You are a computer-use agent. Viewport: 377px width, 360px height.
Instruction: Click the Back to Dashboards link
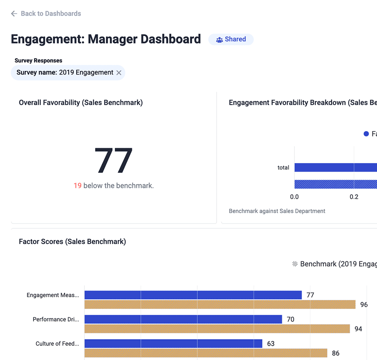(46, 13)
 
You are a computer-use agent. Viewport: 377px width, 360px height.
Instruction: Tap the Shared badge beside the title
(231, 39)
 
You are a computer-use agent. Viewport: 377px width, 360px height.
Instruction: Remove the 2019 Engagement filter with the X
(119, 73)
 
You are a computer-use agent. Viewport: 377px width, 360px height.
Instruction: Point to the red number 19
(77, 185)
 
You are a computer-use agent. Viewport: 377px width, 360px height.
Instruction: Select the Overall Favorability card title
(81, 103)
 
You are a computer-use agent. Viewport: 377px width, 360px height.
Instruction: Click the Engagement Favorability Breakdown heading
(302, 103)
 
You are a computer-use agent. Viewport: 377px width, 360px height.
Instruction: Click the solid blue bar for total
(335, 167)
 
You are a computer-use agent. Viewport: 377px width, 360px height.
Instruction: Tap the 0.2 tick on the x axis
(354, 197)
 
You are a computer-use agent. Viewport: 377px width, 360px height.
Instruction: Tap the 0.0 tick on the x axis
(294, 197)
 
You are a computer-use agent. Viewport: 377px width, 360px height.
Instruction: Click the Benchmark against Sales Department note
(277, 211)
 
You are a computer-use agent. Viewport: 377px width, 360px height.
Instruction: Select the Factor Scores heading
(72, 242)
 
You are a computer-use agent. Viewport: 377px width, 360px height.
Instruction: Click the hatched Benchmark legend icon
(295, 264)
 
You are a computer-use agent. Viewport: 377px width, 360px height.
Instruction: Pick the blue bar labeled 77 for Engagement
(193, 295)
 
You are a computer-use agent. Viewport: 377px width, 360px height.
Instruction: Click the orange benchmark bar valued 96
(220, 305)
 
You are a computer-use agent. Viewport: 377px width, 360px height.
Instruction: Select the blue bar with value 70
(183, 319)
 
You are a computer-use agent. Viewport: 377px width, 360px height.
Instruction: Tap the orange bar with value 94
(217, 329)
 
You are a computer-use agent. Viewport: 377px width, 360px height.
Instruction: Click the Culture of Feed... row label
(57, 344)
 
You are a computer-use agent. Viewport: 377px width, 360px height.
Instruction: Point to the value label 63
(271, 344)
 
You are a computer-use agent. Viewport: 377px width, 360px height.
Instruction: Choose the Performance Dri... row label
(56, 319)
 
